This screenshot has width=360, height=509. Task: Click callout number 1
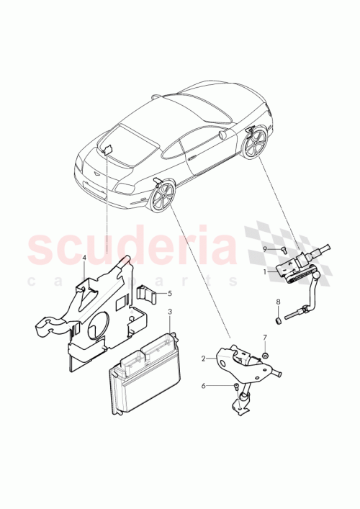[x=264, y=273]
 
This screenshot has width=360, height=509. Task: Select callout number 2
[x=204, y=358]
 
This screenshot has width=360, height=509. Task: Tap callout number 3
[x=169, y=312]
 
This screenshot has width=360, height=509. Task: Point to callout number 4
[x=84, y=258]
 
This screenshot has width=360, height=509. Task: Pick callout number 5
[x=170, y=293]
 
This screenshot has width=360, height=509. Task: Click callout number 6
[x=204, y=386]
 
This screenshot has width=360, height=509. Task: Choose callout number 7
[x=264, y=337]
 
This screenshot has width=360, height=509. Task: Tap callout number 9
[x=264, y=248]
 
